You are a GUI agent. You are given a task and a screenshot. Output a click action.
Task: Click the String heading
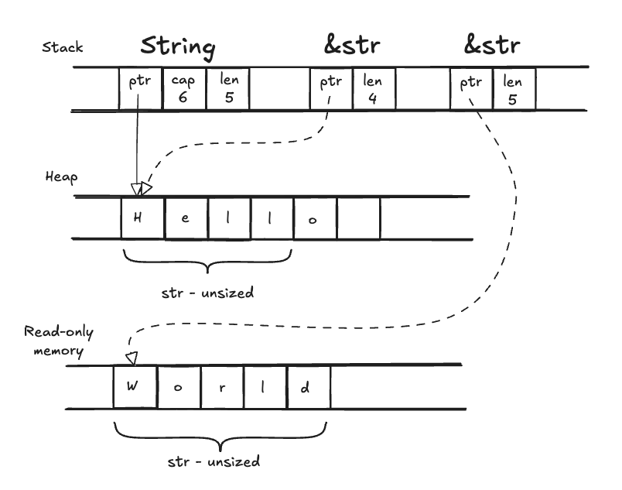177,46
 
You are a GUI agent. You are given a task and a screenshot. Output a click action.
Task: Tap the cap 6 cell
183,88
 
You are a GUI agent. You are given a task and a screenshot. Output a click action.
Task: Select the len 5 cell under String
227,88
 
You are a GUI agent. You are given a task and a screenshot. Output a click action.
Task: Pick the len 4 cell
373,88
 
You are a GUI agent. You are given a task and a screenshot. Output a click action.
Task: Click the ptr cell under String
139,88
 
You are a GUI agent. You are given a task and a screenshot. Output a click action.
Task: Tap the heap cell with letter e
185,218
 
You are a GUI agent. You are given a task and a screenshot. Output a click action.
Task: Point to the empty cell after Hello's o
358,218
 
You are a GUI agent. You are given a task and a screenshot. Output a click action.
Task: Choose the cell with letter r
222,387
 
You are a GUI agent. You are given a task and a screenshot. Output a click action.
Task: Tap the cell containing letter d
309,387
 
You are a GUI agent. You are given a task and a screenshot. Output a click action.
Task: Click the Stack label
62,48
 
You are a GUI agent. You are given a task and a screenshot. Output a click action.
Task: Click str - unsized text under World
214,461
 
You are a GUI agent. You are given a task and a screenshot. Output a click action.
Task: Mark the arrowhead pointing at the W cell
131,357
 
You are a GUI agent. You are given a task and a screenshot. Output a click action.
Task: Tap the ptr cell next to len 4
330,88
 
